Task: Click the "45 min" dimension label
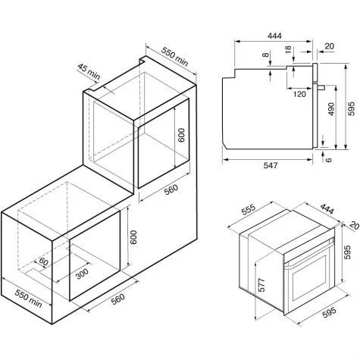click(x=89, y=71)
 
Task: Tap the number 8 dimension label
click(x=265, y=55)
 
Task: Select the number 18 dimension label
click(x=288, y=49)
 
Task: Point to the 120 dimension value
click(x=300, y=94)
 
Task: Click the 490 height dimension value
click(x=331, y=109)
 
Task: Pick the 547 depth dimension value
click(x=271, y=165)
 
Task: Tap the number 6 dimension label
click(x=328, y=160)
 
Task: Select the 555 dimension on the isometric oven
click(x=249, y=209)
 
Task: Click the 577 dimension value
click(x=262, y=285)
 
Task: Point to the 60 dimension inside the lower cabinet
click(x=42, y=261)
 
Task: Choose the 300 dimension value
click(x=82, y=274)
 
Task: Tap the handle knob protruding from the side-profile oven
click(x=321, y=87)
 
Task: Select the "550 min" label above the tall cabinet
click(x=174, y=57)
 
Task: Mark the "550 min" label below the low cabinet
click(x=28, y=299)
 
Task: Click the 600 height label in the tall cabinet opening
click(x=181, y=136)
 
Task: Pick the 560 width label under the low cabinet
click(x=118, y=299)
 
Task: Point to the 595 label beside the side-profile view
click(x=352, y=109)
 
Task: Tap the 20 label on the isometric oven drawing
click(x=354, y=226)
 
